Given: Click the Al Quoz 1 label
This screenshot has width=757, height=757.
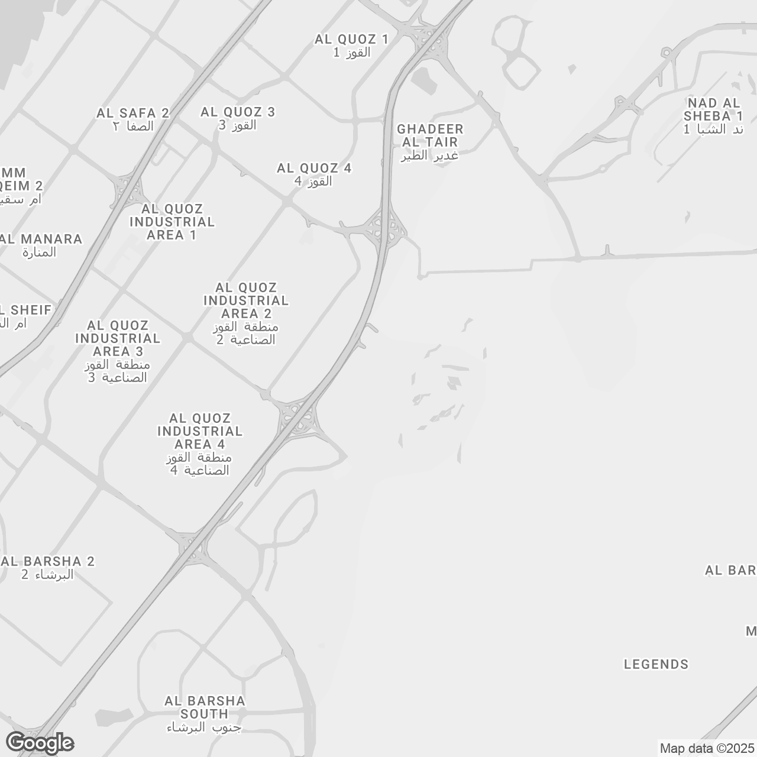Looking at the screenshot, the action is [351, 46].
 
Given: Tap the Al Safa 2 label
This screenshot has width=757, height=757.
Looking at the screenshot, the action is [133, 119].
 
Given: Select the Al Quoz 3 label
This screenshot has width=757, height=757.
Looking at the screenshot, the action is [238, 118].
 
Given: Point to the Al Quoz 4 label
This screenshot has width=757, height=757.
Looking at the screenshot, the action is [314, 174].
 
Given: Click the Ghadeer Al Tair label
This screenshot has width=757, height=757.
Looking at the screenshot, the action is [430, 142].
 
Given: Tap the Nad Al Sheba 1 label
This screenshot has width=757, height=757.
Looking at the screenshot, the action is [713, 116].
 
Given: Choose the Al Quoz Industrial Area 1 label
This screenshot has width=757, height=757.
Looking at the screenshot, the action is [172, 222].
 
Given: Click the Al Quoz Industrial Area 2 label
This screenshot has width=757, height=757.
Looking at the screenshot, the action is [246, 313].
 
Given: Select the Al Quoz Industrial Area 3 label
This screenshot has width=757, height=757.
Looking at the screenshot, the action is [118, 351].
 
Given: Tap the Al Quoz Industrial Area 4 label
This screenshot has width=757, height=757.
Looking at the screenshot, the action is [200, 444].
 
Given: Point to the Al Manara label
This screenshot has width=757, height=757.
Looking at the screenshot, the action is [41, 245].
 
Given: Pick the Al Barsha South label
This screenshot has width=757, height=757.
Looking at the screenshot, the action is [205, 714].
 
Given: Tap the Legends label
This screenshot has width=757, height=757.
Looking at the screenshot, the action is [656, 664].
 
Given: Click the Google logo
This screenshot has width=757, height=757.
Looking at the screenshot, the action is [40, 743].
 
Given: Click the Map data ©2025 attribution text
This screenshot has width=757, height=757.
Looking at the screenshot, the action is [707, 749].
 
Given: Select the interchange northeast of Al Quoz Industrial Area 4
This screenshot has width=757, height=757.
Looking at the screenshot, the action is [298, 416].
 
